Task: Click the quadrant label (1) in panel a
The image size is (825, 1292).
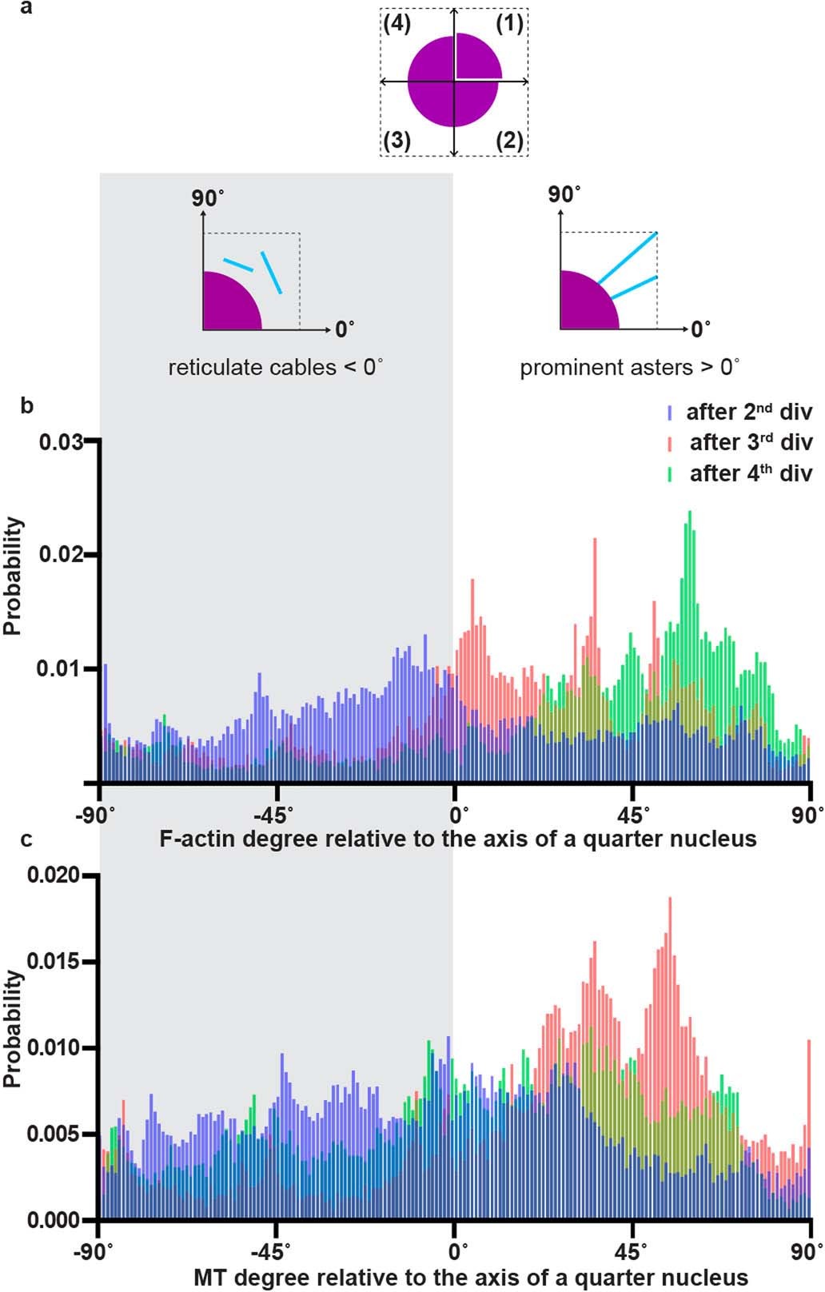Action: [x=509, y=24]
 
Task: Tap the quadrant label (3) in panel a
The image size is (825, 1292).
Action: [x=397, y=141]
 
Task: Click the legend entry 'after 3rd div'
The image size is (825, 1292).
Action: [x=741, y=443]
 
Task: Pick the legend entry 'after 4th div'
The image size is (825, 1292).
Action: [x=741, y=474]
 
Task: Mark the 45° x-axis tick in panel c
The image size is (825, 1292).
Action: [x=632, y=1249]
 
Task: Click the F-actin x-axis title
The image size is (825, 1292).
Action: [x=457, y=839]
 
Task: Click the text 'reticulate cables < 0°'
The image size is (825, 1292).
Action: [x=276, y=369]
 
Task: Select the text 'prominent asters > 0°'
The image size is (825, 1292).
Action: [x=629, y=369]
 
